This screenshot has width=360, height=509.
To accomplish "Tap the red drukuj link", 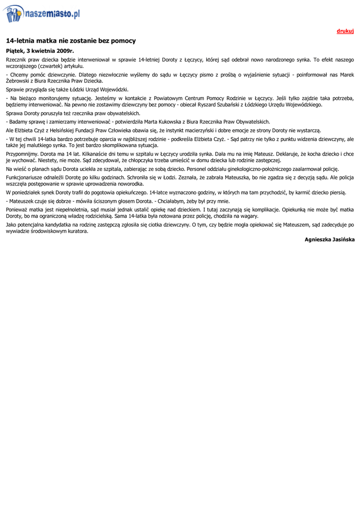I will click(345, 31).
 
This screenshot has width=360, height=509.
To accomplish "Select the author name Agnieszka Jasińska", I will click(329, 240).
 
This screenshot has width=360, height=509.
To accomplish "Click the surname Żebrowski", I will click(19, 81).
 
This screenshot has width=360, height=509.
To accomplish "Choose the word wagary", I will click(248, 216).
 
